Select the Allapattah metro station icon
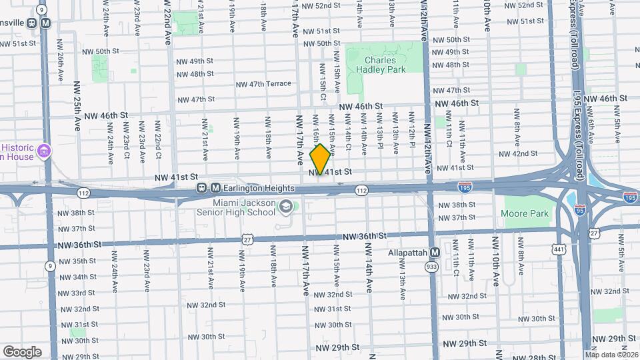435,253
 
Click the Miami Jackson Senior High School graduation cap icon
286,207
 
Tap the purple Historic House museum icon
45,151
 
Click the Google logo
22,352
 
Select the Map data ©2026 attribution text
611,355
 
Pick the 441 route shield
557,249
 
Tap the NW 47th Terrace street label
263,84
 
